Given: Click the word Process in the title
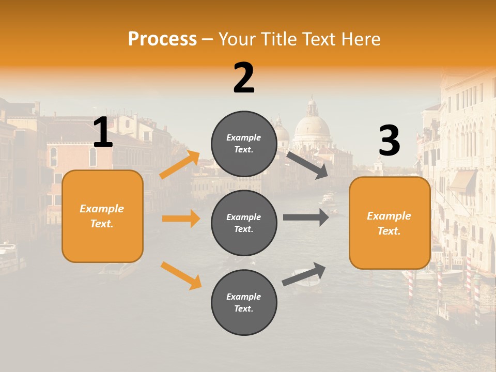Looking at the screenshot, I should pyautogui.click(x=162, y=39).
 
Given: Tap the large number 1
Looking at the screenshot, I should pyautogui.click(x=103, y=133).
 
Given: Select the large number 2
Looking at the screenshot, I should pyautogui.click(x=244, y=78).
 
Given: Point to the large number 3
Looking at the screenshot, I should pyautogui.click(x=390, y=141).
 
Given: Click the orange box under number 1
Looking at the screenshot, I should pyautogui.click(x=102, y=216).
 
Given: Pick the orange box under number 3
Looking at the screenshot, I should pyautogui.click(x=390, y=223).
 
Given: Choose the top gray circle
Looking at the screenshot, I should pyautogui.click(x=244, y=144).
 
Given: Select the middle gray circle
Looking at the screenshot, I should pyautogui.click(x=244, y=223).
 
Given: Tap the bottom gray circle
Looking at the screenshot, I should pyautogui.click(x=244, y=303).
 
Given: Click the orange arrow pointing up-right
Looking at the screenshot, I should pyautogui.click(x=180, y=165).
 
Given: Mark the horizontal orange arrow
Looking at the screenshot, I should pyautogui.click(x=181, y=219).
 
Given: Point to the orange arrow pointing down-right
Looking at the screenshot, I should pyautogui.click(x=181, y=275).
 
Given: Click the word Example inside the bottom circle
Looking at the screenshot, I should pyautogui.click(x=244, y=297).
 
